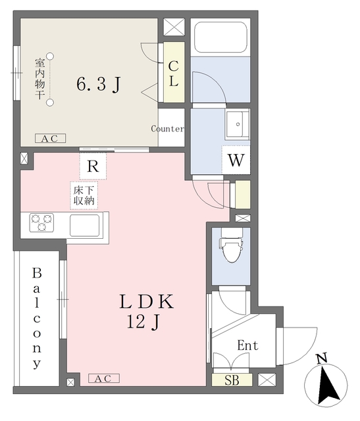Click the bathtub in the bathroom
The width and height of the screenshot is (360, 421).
(220, 37)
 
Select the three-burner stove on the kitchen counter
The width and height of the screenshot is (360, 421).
(41, 222)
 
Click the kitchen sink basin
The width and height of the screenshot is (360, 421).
(85, 225)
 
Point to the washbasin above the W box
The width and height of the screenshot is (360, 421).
(238, 124)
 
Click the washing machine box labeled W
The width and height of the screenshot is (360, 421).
(236, 160)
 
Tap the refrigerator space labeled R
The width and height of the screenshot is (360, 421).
(93, 166)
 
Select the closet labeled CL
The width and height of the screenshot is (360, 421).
(174, 72)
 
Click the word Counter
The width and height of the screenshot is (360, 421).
(168, 129)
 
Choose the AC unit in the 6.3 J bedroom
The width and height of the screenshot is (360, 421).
(51, 138)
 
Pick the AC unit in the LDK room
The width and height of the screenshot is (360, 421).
(104, 378)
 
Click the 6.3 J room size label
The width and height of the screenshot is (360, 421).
(98, 84)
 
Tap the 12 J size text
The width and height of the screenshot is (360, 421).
(143, 322)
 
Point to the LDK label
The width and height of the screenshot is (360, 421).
(146, 301)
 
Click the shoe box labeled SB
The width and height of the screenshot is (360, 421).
(232, 380)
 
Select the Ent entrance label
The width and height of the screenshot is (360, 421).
(247, 345)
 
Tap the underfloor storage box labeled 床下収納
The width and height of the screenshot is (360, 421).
(84, 195)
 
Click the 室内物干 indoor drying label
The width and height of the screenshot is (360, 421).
(39, 79)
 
